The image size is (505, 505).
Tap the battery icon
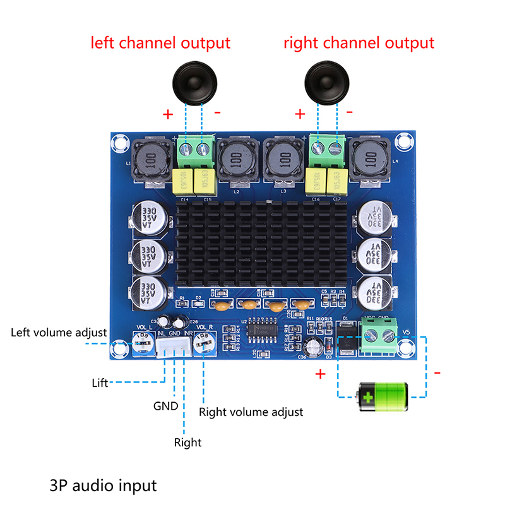tap(383, 396)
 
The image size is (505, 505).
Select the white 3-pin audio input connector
tap(173, 347)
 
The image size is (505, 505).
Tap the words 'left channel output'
tap(160, 44)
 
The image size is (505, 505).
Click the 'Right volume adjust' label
tap(251, 412)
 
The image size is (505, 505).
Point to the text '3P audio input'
tap(102, 486)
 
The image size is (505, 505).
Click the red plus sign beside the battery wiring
tap(320, 374)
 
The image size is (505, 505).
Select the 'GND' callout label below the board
tap(166, 407)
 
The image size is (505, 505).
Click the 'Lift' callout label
tap(100, 383)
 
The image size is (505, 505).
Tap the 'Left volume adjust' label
tap(59, 332)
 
